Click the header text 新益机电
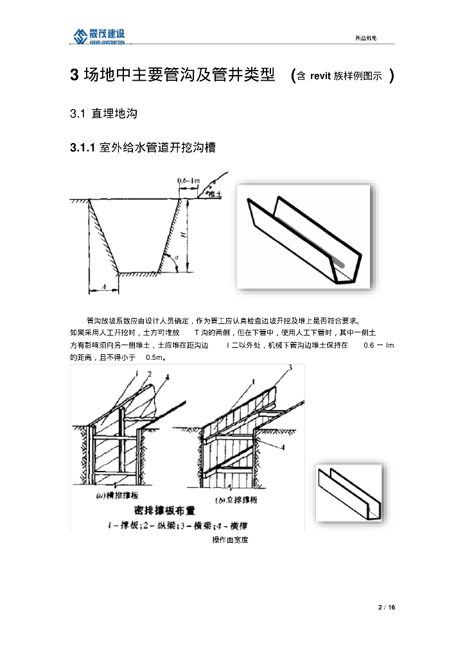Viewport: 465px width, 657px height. tap(365, 38)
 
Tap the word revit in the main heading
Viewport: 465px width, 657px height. tap(320, 76)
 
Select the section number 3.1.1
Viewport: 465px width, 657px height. tap(83, 148)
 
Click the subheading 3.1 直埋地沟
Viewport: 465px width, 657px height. tap(103, 114)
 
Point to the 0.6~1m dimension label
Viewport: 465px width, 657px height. tap(188, 182)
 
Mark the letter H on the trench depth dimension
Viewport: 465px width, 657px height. tap(184, 235)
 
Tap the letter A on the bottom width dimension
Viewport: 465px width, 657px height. tap(103, 289)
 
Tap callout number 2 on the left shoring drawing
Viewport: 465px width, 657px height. tap(148, 374)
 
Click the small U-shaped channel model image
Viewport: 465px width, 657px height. tap(352, 491)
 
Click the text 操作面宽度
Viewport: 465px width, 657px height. tap(230, 540)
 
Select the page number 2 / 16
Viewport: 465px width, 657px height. tap(386, 607)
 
